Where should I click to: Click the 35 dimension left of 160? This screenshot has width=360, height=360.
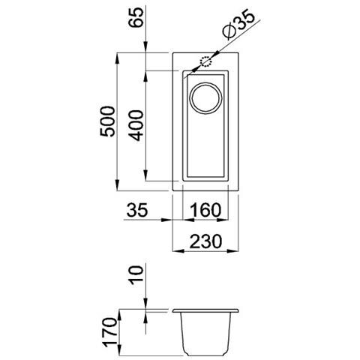[136, 210]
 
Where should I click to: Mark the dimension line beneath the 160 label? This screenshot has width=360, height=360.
[204, 220]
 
